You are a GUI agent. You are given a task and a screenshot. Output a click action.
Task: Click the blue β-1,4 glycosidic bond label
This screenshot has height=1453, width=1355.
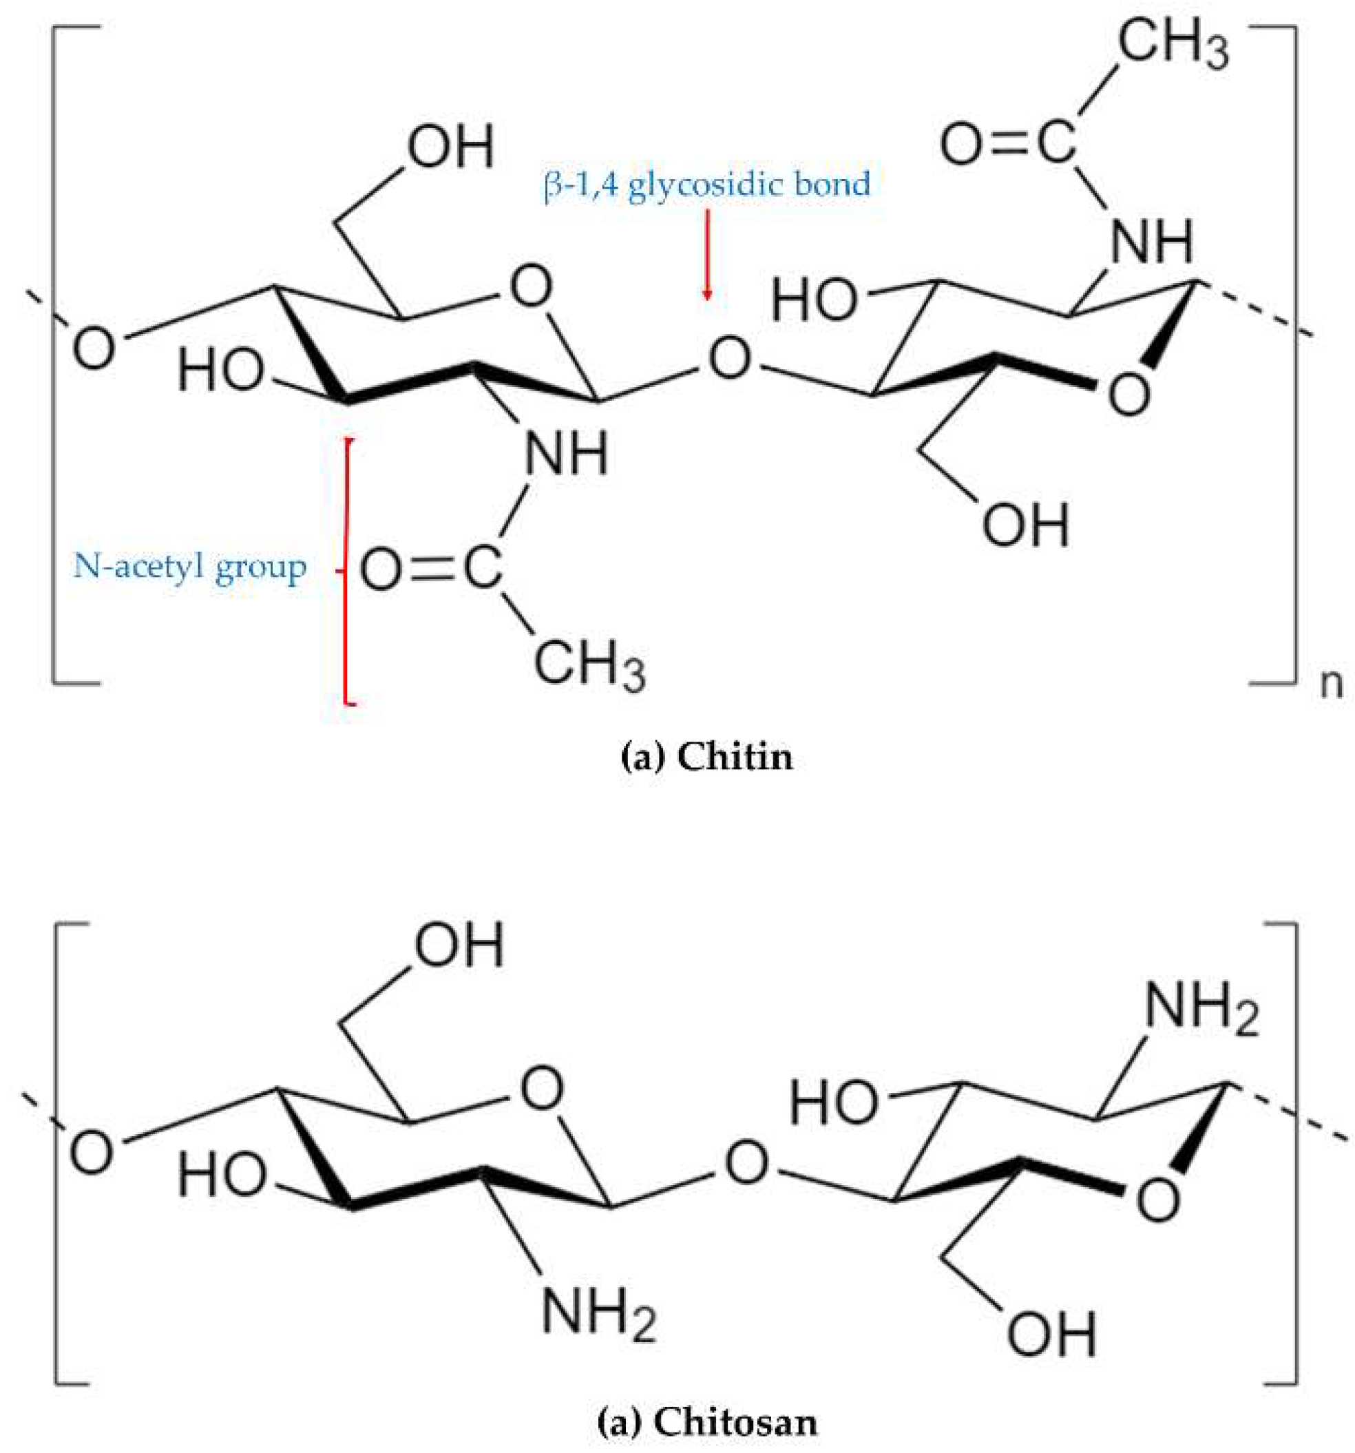click(706, 184)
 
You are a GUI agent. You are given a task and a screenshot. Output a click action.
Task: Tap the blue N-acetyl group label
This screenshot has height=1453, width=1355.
click(189, 567)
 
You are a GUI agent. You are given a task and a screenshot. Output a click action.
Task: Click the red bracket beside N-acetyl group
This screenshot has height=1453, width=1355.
click(347, 570)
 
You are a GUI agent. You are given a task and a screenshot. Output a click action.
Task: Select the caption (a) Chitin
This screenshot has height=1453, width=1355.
click(705, 757)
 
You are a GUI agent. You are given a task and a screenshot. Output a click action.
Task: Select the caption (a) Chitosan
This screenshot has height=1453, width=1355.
click(706, 1421)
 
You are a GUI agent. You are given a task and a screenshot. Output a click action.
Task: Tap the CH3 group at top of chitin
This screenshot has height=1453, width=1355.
click(1173, 45)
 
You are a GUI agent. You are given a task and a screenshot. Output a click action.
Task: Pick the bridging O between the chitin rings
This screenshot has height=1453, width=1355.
click(729, 358)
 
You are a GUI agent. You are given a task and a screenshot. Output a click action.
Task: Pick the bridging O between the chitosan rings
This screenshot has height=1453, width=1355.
click(746, 1163)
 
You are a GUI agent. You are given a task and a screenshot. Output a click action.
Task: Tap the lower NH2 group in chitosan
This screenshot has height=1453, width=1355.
click(598, 1313)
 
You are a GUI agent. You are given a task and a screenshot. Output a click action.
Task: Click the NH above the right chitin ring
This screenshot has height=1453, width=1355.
click(1152, 242)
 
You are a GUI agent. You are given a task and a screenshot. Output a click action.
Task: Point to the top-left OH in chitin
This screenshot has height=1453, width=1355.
click(450, 146)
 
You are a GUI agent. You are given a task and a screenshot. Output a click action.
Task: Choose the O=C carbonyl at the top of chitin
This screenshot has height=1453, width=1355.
click(1007, 143)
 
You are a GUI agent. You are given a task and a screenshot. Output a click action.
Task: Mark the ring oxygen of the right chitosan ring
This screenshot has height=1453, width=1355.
click(1158, 1200)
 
